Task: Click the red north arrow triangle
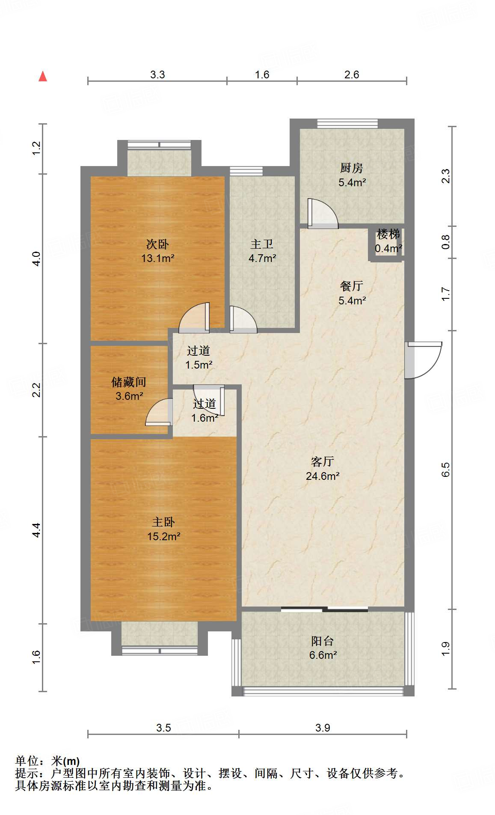tap(43, 76)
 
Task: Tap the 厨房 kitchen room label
tap(352, 168)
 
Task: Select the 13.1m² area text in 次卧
tap(158, 258)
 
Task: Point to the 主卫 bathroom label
tap(262, 244)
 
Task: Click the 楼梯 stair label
tap(388, 234)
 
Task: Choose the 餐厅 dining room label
tap(352, 286)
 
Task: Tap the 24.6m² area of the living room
tap(323, 476)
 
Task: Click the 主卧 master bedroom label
tap(163, 522)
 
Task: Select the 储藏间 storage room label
tap(129, 381)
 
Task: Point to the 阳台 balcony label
tap(322, 641)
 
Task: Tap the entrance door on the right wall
tap(423, 360)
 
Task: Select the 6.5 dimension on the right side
tap(446, 470)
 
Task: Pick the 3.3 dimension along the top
tap(157, 75)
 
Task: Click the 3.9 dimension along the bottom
tap(323, 728)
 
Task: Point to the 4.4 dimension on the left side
tap(36, 530)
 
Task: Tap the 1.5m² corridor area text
tap(199, 365)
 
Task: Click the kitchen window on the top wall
tap(347, 124)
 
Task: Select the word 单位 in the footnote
tap(27, 761)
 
